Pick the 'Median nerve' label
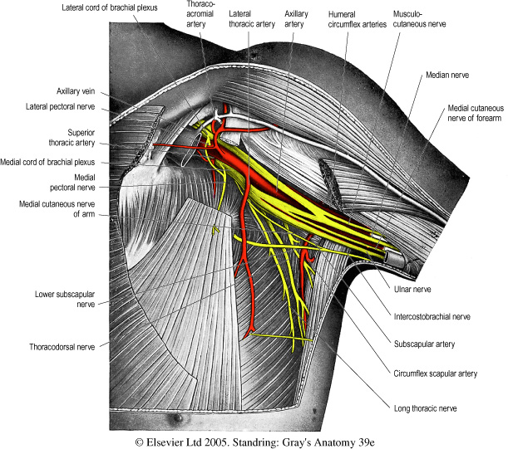pyautogui.click(x=448, y=75)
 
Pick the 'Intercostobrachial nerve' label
pyautogui.click(x=433, y=316)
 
